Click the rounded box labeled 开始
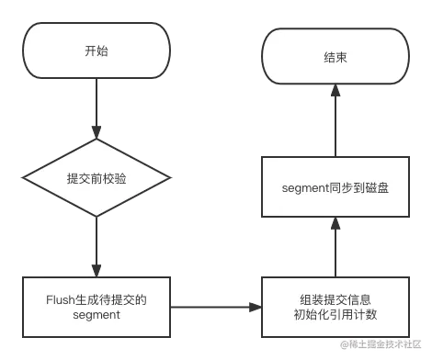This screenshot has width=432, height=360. pos(96,51)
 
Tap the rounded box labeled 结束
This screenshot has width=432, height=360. pos(335,57)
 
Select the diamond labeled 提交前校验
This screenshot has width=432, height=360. pos(96,177)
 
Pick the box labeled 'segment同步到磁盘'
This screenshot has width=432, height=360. pos(335,188)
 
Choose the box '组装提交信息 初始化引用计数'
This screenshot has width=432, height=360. pos(335,306)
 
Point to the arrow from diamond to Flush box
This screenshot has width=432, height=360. pos(96,243)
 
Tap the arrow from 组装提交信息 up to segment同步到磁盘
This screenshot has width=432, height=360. pos(335,246)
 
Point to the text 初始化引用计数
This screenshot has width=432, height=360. pos(335,315)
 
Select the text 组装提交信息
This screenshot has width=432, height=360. pos(335,298)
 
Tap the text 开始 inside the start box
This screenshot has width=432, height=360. pos(96,51)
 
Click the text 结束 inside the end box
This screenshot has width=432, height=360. pos(335,57)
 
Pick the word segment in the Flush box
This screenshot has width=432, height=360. pos(96,315)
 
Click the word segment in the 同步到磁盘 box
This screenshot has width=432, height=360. pos(308,188)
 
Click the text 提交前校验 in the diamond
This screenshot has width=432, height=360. pos(96,177)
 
